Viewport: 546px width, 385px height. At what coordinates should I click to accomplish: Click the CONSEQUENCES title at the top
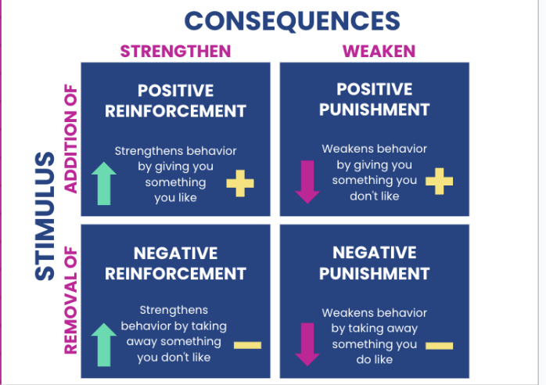pos(292,20)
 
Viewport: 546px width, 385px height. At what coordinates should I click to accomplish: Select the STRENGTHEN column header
pos(175,52)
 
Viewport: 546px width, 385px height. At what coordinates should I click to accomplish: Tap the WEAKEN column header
pos(379,52)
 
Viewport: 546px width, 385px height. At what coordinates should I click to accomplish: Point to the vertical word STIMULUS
pos(45,215)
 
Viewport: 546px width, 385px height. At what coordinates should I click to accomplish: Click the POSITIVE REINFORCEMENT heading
pos(175,100)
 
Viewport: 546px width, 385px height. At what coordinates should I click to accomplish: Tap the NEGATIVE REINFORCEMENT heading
pos(175,263)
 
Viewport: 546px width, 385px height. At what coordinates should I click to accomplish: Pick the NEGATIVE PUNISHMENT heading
pos(374,263)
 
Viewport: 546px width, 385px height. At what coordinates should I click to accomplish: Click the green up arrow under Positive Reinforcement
pos(104,184)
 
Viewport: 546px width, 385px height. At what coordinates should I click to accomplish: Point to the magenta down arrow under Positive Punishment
pos(307,182)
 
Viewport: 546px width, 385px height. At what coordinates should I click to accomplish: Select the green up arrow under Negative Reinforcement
pos(104,345)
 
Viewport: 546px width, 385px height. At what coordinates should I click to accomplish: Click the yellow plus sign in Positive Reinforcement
pos(240,185)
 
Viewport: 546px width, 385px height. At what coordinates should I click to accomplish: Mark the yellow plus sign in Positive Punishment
pos(439,182)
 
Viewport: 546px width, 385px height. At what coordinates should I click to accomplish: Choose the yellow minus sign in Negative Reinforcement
pos(247,344)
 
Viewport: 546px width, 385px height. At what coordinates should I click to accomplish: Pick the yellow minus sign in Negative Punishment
pos(439,345)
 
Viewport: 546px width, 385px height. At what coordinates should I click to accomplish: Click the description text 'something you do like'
pos(374,352)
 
